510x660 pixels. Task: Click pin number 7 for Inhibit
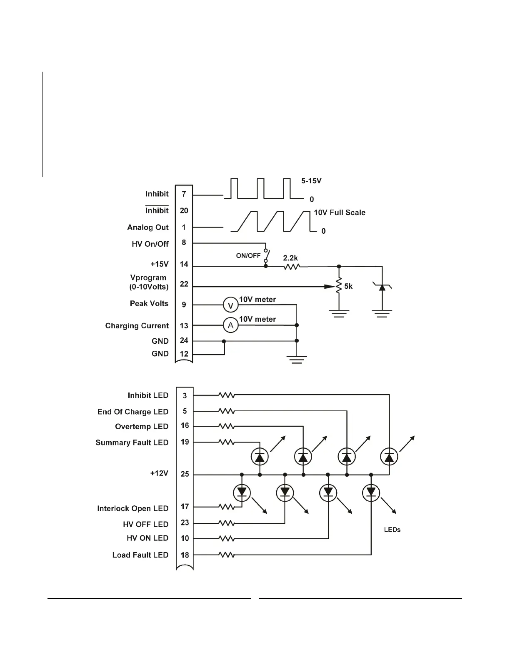coord(184,194)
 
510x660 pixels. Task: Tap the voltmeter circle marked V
coord(230,305)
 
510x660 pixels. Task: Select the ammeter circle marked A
coord(230,325)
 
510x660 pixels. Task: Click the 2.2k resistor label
coord(290,258)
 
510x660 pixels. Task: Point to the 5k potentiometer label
coord(348,286)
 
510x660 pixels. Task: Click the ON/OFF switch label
coord(248,255)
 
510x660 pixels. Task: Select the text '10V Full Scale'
coord(339,212)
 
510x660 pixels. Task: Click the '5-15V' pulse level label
coord(311,181)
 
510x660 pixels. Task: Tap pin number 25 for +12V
coord(185,474)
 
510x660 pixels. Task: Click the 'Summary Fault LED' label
coord(132,442)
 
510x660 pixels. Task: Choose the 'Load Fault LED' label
coord(140,555)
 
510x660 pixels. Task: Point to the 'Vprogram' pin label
coord(148,278)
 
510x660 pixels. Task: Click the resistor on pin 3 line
coord(227,395)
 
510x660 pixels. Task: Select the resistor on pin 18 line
coord(227,555)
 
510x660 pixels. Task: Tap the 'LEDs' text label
coord(392,530)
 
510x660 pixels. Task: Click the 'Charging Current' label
coord(137,326)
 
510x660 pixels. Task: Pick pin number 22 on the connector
coord(184,284)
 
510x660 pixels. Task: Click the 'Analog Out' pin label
coord(148,227)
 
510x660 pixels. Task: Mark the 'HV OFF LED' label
coord(145,524)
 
